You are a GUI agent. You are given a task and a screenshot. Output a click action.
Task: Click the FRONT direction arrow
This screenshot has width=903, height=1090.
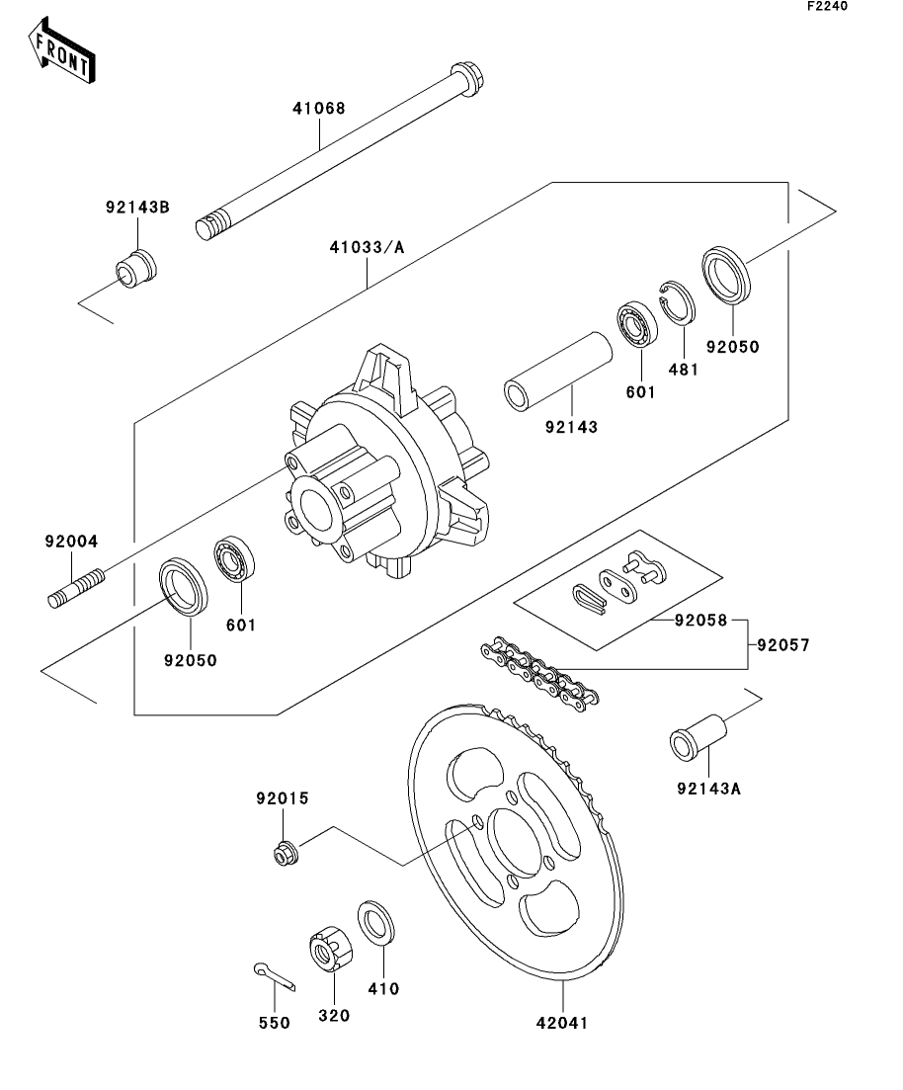click(61, 50)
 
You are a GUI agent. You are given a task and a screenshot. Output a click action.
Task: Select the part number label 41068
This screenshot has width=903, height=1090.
click(319, 109)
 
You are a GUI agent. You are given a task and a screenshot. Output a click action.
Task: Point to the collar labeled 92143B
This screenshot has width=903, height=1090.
click(135, 267)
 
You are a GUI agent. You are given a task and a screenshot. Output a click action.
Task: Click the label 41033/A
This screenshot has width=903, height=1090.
click(367, 247)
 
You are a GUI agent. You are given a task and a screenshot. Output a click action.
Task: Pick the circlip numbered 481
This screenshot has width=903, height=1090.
click(677, 302)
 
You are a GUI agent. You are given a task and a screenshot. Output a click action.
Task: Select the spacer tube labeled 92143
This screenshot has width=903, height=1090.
click(557, 372)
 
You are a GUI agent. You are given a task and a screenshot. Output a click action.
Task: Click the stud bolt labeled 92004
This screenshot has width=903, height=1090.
click(76, 587)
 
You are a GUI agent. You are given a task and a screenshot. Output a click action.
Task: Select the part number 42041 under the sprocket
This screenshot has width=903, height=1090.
click(562, 1023)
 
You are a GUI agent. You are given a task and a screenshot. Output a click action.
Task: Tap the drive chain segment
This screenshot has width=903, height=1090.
click(539, 671)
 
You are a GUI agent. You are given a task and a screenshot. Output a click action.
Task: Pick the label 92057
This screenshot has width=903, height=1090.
click(783, 645)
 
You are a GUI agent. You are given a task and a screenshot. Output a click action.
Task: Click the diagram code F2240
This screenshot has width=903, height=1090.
click(827, 6)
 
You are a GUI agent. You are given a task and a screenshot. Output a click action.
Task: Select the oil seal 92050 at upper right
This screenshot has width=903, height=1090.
click(726, 275)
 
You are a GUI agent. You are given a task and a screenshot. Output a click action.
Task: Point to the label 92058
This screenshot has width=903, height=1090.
click(700, 620)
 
